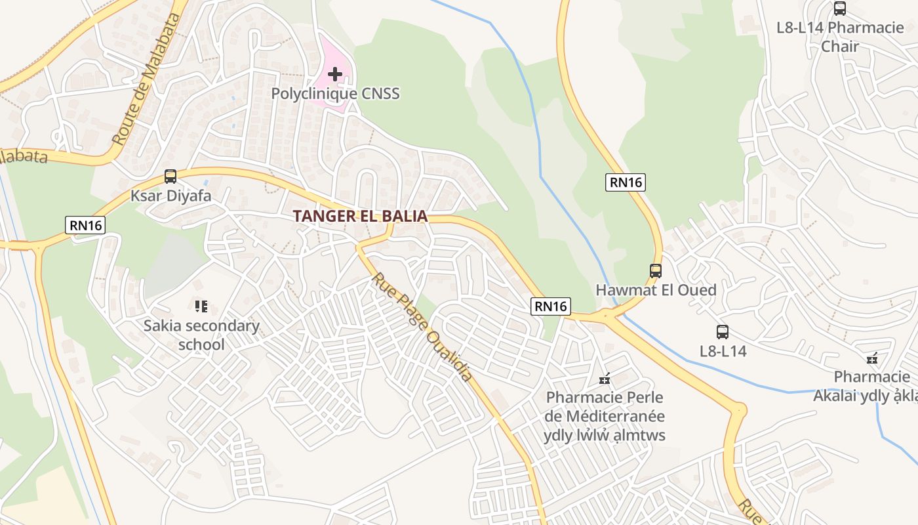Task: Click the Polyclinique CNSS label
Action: point(335,94)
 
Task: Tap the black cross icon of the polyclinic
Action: point(335,74)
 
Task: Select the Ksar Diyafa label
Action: point(170,196)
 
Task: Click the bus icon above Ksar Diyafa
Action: point(170,176)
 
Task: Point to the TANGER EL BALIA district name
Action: point(360,216)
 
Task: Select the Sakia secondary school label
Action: point(201,335)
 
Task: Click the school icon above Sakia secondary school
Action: point(201,306)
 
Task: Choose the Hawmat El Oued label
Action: point(656,290)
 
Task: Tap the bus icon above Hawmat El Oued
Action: point(655,270)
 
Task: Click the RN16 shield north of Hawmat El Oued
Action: point(626,182)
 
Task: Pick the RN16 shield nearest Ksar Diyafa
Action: point(86,225)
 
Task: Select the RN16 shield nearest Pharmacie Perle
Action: point(550,306)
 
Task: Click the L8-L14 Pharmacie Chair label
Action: point(840,37)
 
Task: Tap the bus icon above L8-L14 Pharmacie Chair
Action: point(840,9)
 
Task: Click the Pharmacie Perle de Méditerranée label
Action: point(605,416)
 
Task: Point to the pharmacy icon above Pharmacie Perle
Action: point(605,379)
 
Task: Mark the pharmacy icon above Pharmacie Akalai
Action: point(872,358)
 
